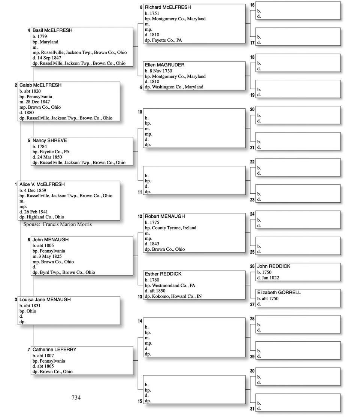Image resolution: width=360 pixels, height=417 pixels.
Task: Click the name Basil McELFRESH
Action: tap(52, 30)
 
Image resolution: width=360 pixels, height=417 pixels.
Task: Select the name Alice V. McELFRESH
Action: tap(42, 184)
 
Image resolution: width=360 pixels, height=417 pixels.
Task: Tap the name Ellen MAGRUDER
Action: tap(164, 65)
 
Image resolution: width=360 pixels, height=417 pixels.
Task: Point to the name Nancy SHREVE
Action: tap(49, 140)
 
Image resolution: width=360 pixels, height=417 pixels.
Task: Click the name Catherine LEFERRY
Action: tap(54, 350)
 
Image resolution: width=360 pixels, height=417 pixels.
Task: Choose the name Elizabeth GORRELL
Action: tap(279, 292)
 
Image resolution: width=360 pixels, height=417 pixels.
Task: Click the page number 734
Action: tap(76, 398)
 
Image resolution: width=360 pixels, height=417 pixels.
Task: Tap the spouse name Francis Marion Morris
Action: tap(67, 224)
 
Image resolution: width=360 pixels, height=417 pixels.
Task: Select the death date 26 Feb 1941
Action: tap(36, 212)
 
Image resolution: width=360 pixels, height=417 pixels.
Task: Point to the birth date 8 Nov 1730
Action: tap(161, 71)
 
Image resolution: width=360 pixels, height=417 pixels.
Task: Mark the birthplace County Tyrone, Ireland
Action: tap(174, 228)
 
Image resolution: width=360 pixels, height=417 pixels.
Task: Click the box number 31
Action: tap(252, 409)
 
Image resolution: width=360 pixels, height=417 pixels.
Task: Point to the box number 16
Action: tap(252, 5)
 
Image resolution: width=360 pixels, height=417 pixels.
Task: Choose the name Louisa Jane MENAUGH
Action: tap(45, 300)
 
